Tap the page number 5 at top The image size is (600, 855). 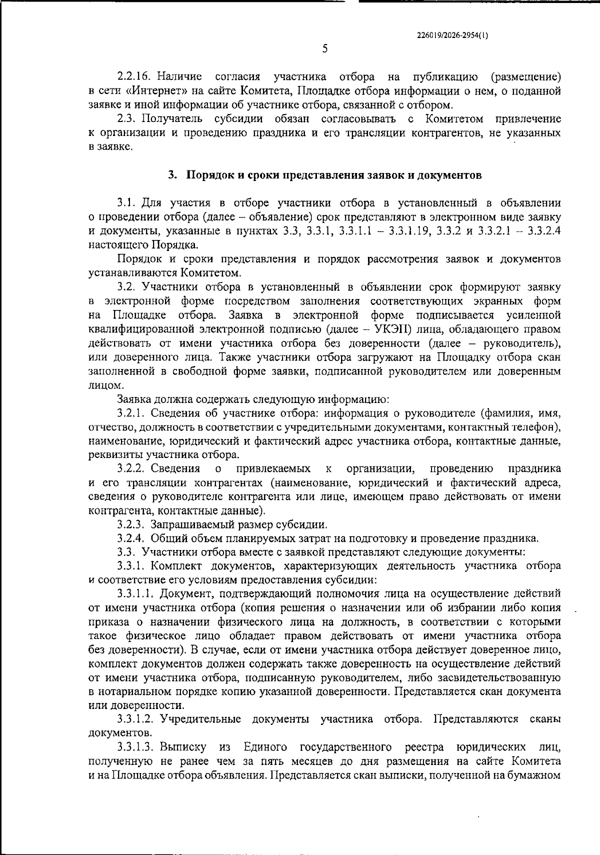325,48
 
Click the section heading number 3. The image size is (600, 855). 171,175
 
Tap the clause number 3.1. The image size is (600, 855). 126,203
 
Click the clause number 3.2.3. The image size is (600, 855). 131,524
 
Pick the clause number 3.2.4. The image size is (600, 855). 131,538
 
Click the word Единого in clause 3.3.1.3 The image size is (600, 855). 265,747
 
